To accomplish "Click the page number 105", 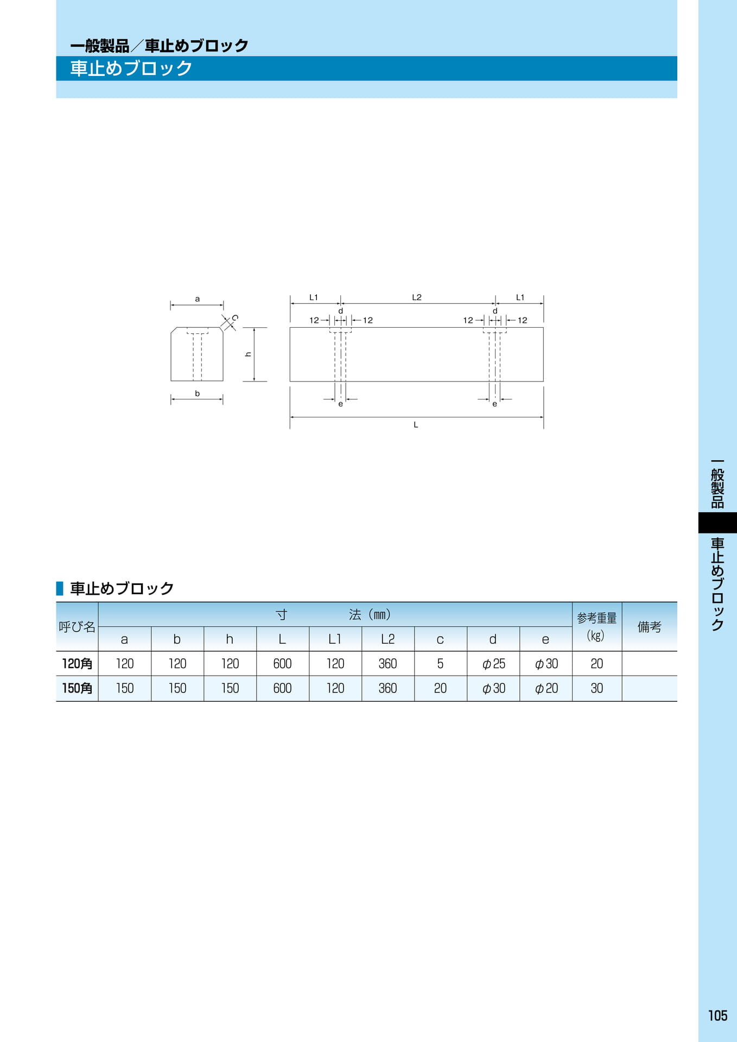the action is pyautogui.click(x=717, y=1015).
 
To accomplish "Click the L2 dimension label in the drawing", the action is pyautogui.click(x=417, y=297).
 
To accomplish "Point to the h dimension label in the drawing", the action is pyautogui.click(x=249, y=354).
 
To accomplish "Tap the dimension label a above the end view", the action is pyautogui.click(x=198, y=299).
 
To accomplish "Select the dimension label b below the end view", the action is pyautogui.click(x=198, y=393).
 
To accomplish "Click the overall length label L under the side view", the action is pyautogui.click(x=416, y=425).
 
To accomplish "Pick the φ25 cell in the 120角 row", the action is pyautogui.click(x=494, y=664).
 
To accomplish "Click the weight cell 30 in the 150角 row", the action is pyautogui.click(x=597, y=688).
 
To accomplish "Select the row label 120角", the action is pyautogui.click(x=77, y=664).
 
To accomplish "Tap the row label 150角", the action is pyautogui.click(x=77, y=688).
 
